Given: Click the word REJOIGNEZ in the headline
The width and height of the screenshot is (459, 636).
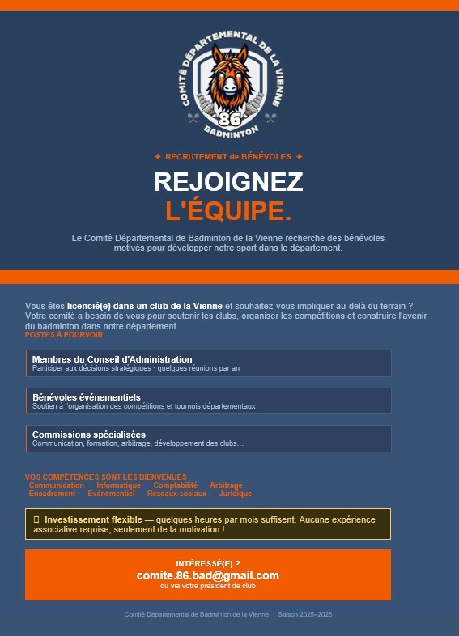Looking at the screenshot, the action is (x=228, y=182).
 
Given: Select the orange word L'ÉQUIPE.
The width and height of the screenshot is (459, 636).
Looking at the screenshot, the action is (x=228, y=211).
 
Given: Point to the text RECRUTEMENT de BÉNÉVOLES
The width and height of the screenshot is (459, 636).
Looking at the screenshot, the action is (x=228, y=156).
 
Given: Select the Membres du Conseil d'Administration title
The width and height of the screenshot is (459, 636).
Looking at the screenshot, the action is (x=112, y=358).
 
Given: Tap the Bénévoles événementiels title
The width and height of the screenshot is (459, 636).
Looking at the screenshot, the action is (x=87, y=397).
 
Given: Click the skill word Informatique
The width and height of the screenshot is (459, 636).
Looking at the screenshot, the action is (x=118, y=485).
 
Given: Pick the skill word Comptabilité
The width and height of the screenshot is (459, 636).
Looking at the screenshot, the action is (x=175, y=485).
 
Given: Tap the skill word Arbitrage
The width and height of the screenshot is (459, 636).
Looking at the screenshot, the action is (x=226, y=485).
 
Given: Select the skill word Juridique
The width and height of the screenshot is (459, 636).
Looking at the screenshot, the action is (x=236, y=494).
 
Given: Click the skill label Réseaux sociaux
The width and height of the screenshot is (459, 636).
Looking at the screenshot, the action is (x=176, y=494).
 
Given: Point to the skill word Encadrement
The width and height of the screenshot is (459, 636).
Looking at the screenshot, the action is (x=52, y=494).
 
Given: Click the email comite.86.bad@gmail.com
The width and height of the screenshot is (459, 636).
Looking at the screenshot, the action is (x=208, y=575).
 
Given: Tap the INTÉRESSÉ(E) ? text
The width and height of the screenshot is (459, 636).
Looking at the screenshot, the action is (x=208, y=563).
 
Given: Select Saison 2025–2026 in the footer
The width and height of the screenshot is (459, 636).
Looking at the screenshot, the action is (x=305, y=615).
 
